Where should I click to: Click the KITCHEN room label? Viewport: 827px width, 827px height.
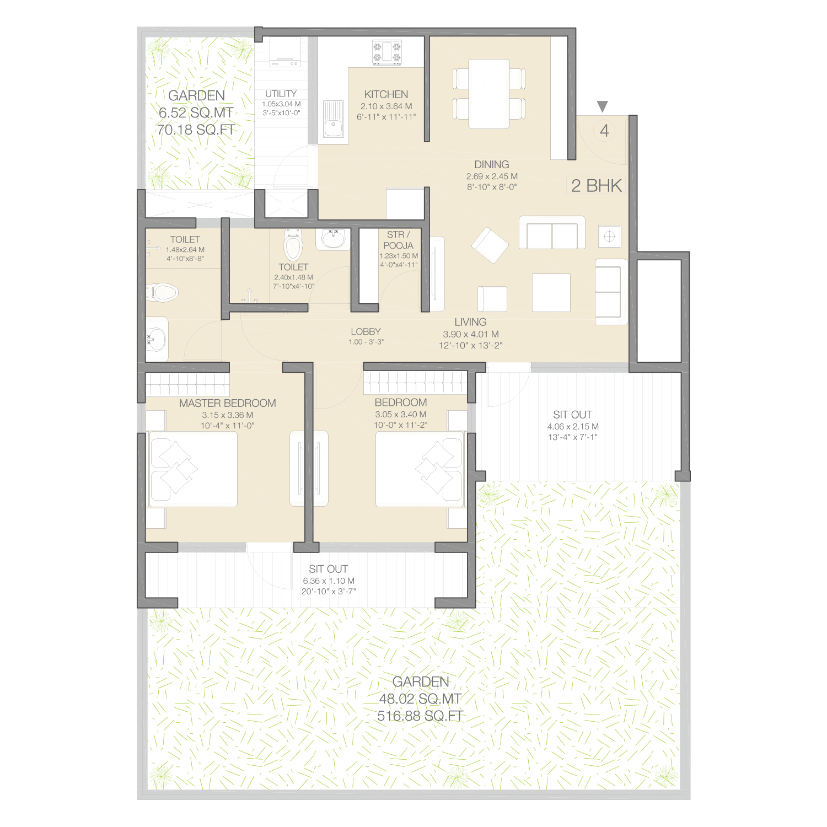(386, 94)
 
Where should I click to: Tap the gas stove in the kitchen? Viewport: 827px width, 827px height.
(387, 52)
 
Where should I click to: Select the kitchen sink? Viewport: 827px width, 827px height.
(333, 119)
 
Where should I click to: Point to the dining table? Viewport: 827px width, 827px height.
(489, 94)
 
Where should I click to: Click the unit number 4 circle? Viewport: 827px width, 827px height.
(604, 131)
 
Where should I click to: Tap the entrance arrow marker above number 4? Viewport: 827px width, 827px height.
(603, 106)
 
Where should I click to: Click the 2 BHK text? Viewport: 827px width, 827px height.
(597, 186)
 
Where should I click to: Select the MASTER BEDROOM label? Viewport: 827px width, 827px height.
(228, 403)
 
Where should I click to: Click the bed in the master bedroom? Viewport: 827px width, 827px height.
(193, 469)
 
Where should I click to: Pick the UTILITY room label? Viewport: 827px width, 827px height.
(281, 94)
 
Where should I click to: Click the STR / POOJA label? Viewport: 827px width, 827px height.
(398, 240)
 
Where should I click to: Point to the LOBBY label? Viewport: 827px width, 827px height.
(366, 331)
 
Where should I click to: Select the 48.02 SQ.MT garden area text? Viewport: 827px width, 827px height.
(420, 699)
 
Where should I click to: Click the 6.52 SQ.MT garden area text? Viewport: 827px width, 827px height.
(196, 112)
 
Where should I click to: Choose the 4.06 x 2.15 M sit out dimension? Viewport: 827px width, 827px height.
(573, 426)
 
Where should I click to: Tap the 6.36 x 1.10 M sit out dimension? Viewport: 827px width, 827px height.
(329, 581)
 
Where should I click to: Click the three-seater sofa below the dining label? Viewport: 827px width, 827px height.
(552, 233)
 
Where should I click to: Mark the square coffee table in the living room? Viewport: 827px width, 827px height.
(551, 293)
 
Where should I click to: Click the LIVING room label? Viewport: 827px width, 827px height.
(470, 322)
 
